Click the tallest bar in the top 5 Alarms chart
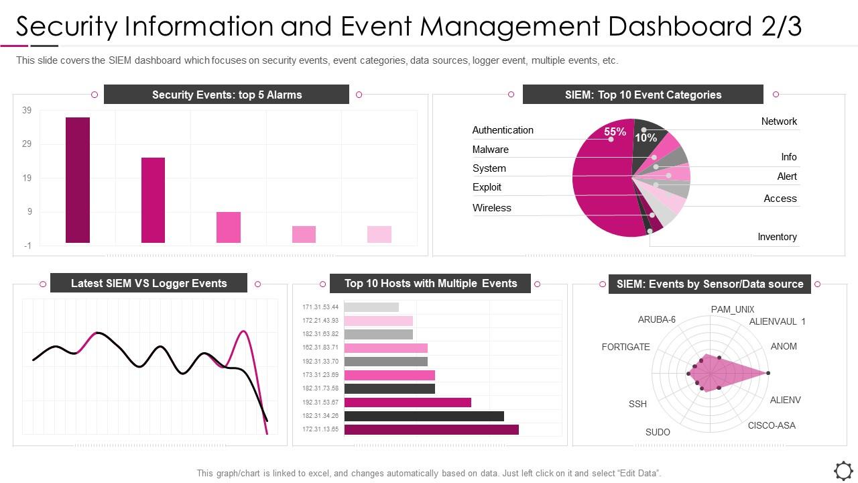[78, 180]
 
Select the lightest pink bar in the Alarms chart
[379, 234]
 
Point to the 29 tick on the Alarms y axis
[27, 144]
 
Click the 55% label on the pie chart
[615, 132]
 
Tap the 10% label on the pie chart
[646, 138]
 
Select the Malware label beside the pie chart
[491, 150]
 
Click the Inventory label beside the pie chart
[777, 237]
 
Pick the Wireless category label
[492, 208]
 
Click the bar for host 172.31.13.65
[431, 429]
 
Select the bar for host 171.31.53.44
[371, 307]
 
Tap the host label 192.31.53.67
[320, 402]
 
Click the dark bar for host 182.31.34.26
[424, 416]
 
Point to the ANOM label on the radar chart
[784, 346]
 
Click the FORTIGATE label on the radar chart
[626, 347]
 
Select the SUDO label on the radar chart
[658, 432]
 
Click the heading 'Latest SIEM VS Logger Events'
[149, 283]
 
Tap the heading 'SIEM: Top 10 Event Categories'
[643, 95]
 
